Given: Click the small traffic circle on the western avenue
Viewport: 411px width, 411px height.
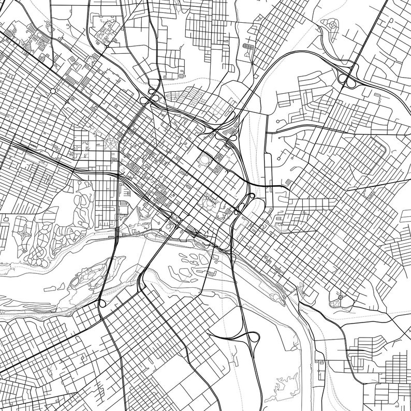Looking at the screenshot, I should (53, 91).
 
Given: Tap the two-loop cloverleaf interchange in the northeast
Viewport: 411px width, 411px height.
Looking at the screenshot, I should (346, 79).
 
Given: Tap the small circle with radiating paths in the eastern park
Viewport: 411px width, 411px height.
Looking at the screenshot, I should (340, 297).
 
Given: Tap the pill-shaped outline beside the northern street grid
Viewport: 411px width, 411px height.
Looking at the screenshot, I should (248, 47).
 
